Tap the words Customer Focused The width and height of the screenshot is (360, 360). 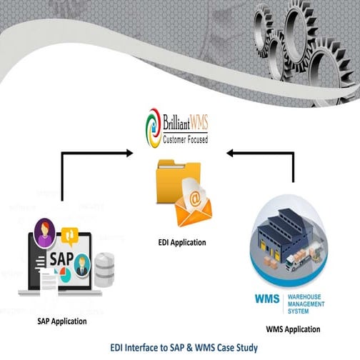coord(186,139)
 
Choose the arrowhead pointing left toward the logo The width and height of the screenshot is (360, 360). coord(230,152)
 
